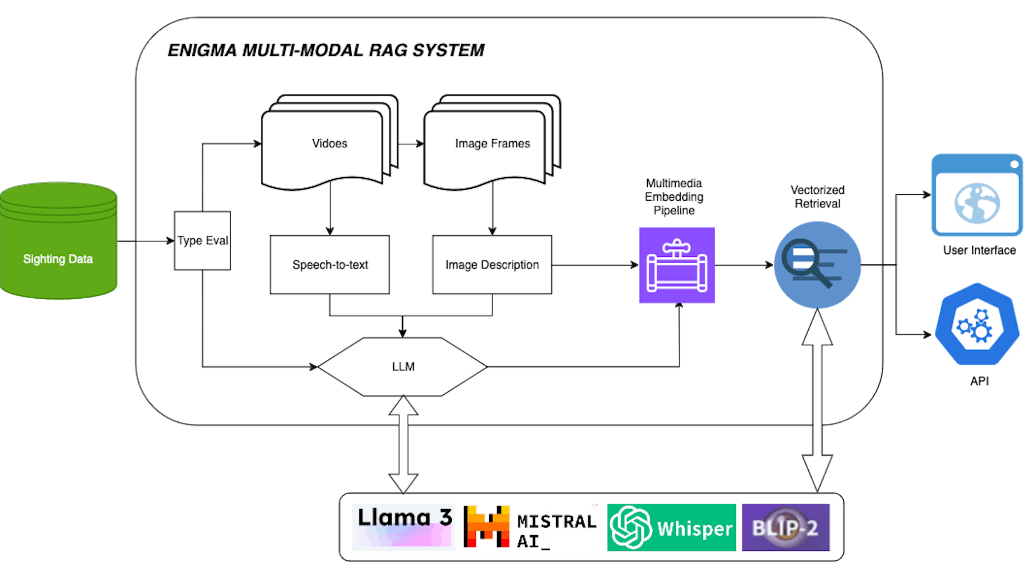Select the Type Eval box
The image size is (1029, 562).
202,241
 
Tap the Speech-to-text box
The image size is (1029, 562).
329,265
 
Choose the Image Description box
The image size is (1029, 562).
492,265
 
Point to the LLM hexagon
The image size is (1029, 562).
403,366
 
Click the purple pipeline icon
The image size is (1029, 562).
677,265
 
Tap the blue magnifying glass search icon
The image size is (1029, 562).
817,265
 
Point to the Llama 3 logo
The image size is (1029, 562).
404,527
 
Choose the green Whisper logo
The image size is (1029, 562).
671,527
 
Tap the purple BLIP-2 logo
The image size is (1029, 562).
785,527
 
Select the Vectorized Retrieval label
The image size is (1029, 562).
817,197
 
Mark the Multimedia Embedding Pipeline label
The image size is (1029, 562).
674,197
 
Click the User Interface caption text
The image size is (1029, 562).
979,250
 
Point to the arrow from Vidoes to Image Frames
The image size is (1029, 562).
411,144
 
